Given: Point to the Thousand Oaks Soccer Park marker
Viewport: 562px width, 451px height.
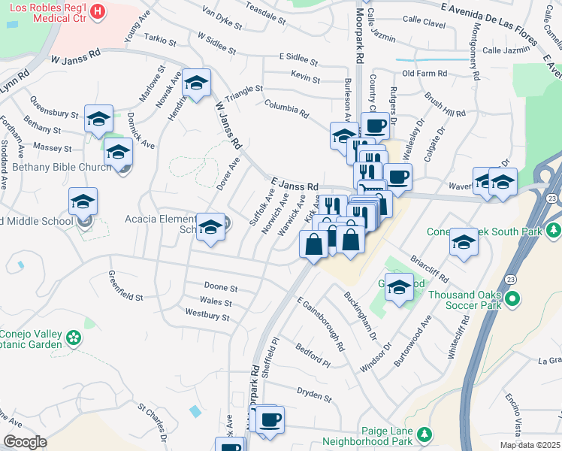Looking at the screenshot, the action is pos(513,299).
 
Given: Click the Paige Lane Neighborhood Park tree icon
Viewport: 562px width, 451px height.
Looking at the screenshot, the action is pos(425,434).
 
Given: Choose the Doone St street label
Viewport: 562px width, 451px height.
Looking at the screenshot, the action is pos(221,288).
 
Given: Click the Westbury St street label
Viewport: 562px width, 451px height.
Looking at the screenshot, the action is pos(207,316).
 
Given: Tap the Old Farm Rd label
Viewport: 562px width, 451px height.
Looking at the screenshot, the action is pos(425,74).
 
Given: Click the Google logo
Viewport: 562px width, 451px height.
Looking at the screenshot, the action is pos(25,441).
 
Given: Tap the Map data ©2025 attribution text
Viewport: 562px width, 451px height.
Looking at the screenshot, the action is pos(529,445).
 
